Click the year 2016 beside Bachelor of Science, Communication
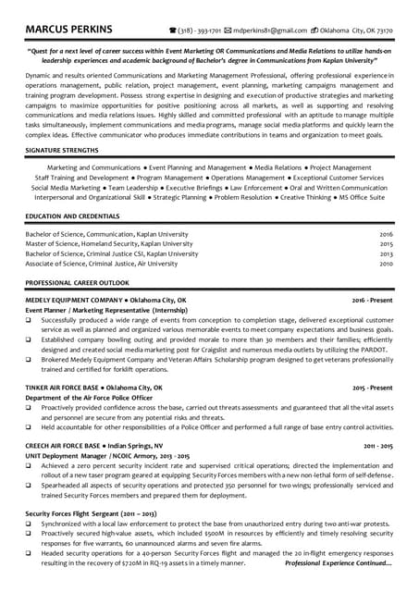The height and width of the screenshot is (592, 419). (x=386, y=234)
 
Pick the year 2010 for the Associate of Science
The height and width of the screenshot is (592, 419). (x=386, y=263)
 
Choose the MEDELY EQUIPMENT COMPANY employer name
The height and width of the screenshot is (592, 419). (x=74, y=301)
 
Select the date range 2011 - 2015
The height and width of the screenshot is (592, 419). (x=377, y=446)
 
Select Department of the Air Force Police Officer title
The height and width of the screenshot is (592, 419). (x=91, y=398)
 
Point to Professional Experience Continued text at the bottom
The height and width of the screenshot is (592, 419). (x=338, y=562)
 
